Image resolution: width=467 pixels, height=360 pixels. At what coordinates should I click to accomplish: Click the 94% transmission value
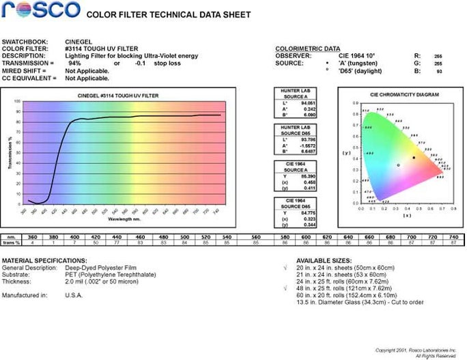tap(74, 63)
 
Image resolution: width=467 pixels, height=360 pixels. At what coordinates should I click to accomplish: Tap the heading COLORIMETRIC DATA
tap(307, 49)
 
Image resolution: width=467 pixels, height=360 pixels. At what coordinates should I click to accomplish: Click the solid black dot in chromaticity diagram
tap(414, 158)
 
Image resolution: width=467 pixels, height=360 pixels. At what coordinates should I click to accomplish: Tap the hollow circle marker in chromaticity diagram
tap(399, 165)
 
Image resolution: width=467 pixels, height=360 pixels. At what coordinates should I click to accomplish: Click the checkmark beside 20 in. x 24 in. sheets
tap(285, 268)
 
